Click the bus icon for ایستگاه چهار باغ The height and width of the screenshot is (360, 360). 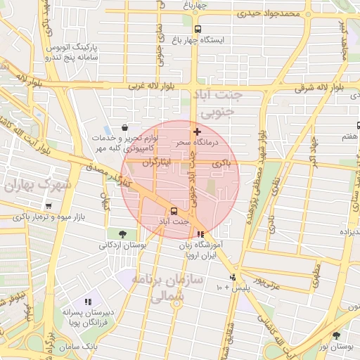coord(198,30)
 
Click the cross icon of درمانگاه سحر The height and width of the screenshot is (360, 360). coord(197,131)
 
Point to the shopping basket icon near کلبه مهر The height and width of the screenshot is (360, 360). coord(124,128)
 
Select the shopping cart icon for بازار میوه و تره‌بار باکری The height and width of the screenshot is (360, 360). coord(48,207)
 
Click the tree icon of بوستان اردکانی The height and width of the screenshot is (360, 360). coord(123,234)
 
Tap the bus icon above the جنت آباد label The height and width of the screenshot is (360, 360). coord(173,211)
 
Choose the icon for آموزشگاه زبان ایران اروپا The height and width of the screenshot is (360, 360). coord(201,235)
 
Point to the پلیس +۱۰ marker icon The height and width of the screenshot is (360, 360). coord(233,276)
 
